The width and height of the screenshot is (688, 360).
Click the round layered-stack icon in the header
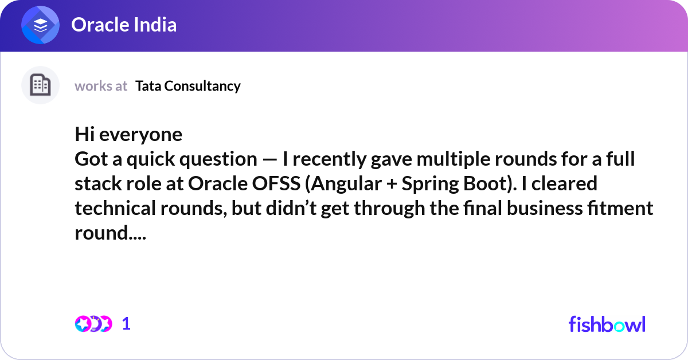40,25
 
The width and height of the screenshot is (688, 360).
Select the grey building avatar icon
40,85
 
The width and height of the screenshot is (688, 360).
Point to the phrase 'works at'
101,86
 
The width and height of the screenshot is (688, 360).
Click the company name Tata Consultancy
188,86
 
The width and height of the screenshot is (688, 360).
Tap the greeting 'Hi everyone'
128,134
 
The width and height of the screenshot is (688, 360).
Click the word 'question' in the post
218,159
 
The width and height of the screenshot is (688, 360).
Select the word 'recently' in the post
329,159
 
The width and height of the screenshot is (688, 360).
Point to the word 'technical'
115,208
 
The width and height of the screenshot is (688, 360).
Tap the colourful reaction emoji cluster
93,324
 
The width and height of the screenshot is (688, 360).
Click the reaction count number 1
126,324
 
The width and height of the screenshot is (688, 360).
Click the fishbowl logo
607,324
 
